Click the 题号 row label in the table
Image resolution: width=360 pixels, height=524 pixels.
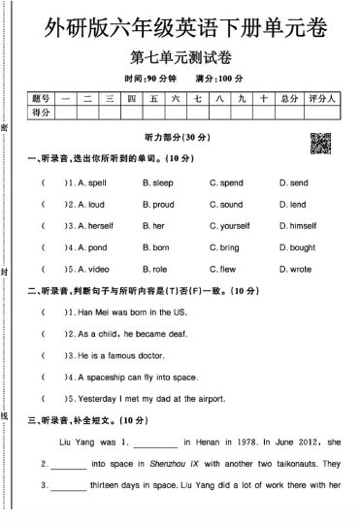pos(40,98)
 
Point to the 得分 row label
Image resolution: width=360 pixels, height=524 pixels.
pos(40,113)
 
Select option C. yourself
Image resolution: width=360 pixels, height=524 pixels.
pos(230,226)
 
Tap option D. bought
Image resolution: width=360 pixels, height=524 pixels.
pos(297,247)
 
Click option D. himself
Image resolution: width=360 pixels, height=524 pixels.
pos(297,226)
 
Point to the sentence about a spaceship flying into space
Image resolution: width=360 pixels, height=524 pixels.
pos(137,377)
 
